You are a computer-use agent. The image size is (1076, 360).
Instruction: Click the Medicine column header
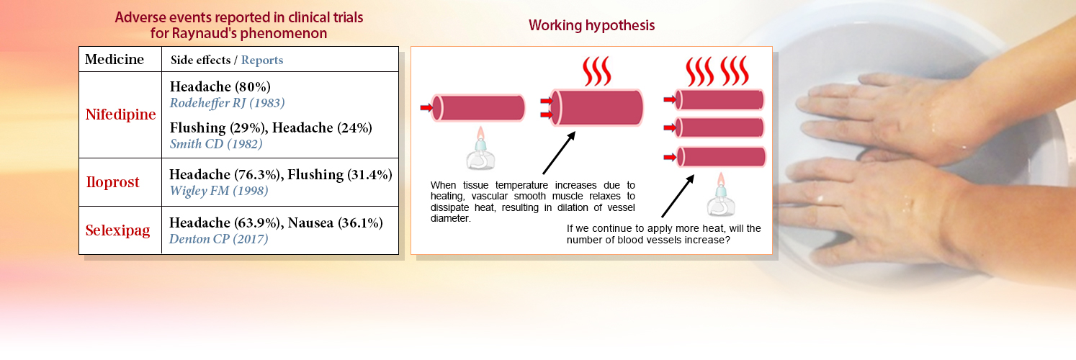[115, 59]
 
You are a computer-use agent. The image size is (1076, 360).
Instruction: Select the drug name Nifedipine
[120, 114]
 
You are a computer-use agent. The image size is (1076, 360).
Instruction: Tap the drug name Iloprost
[112, 182]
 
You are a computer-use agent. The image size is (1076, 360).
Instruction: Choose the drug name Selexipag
[117, 230]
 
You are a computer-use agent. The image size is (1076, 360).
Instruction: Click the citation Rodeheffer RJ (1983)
[227, 103]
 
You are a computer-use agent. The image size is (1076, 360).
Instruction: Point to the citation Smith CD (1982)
[216, 143]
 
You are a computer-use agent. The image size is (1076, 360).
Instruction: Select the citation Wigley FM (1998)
[218, 191]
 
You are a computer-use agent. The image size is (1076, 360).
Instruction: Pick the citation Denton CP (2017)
[218, 238]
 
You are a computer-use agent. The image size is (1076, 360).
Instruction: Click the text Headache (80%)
[220, 86]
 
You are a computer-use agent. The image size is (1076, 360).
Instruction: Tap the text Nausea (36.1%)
[336, 222]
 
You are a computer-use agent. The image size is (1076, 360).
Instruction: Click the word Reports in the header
[261, 60]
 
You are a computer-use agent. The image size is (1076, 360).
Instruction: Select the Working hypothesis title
[592, 25]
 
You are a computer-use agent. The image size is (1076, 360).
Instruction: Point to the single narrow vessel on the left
[478, 107]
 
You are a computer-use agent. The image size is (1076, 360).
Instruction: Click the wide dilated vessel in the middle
[596, 107]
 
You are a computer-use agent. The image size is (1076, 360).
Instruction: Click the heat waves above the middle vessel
[596, 71]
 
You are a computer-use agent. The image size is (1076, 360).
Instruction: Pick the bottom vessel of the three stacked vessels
[721, 157]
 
